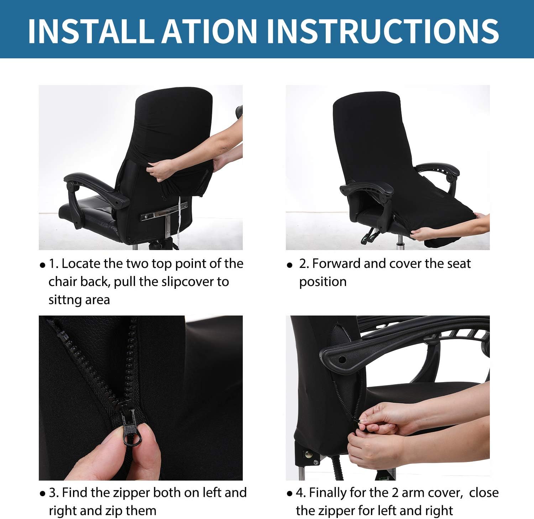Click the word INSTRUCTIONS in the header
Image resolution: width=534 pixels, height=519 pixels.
point(383,31)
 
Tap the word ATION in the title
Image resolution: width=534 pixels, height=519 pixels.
point(210,31)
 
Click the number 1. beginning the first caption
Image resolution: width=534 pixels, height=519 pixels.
point(53,264)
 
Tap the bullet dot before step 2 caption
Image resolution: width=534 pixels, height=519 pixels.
point(289,265)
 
